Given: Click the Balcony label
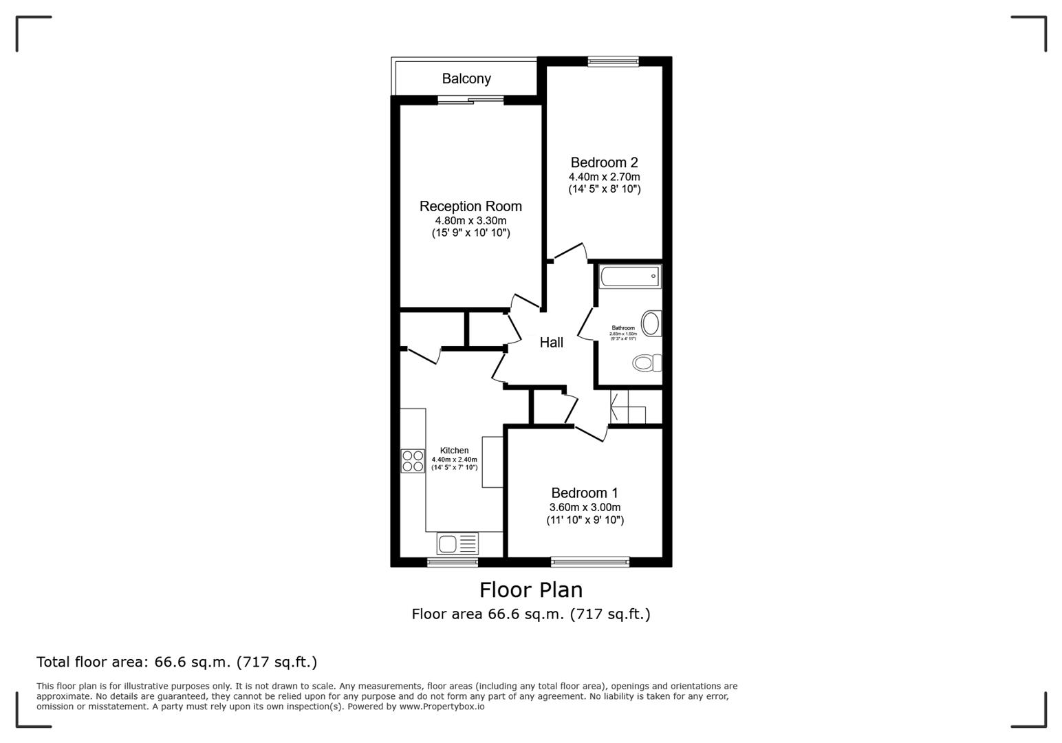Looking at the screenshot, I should tap(466, 78).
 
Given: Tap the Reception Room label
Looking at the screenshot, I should tap(470, 206).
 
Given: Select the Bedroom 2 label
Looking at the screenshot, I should tap(604, 163).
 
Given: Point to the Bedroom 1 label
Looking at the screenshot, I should tap(584, 493).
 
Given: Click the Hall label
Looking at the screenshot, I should tap(551, 343).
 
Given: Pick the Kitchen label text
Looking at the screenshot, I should tap(454, 451).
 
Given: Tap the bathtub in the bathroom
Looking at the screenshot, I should tap(630, 277).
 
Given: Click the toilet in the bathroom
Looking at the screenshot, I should tap(647, 363).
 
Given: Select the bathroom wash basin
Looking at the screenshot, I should tap(651, 323).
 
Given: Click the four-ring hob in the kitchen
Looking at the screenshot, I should tap(413, 461).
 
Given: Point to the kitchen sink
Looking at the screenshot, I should tap(457, 543).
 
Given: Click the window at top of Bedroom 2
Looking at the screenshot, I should tap(613, 62).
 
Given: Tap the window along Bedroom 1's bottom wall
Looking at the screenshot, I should tap(589, 562).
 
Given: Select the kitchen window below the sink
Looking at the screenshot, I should tap(453, 562).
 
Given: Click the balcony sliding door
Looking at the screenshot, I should tap(470, 101).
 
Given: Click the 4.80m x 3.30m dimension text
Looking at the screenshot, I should tap(470, 221).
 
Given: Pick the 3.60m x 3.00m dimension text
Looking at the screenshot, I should tap(585, 508).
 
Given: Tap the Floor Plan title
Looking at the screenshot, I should tap(531, 590).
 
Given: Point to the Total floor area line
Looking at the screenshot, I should tap(177, 663).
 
